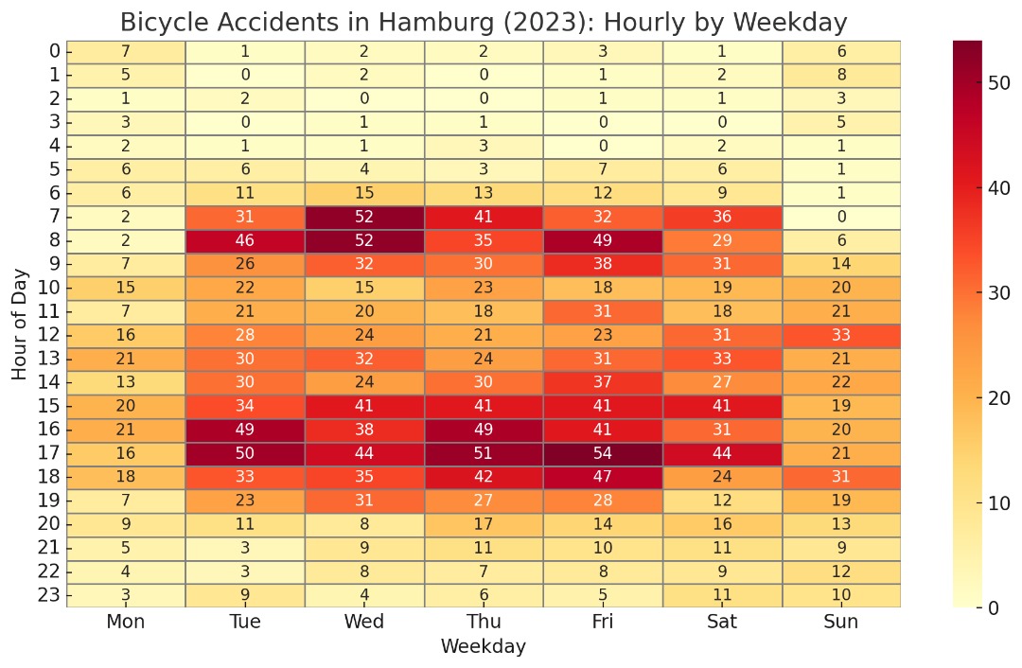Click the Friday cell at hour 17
click(x=603, y=453)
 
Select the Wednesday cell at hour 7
click(x=364, y=217)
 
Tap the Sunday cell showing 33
click(x=841, y=335)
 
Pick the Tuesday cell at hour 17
click(x=245, y=453)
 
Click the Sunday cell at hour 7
click(x=841, y=217)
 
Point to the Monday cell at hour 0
click(x=126, y=51)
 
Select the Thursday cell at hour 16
click(x=484, y=430)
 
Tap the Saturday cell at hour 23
click(x=722, y=595)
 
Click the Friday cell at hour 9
click(x=603, y=264)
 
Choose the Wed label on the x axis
click(x=364, y=622)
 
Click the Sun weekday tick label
click(x=841, y=622)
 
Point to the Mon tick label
click(x=126, y=622)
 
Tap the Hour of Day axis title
click(x=21, y=324)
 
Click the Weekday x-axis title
click(x=483, y=647)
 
